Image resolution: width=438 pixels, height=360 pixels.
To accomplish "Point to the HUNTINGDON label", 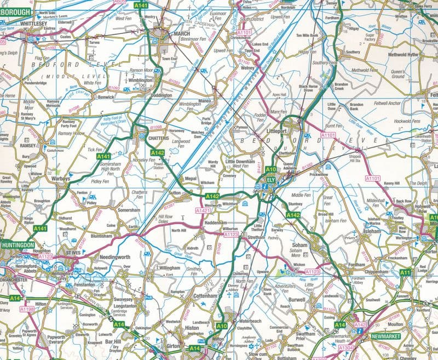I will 18,245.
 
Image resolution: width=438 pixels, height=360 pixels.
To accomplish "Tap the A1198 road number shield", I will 26,309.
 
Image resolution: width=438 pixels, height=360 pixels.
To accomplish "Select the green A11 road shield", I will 406,272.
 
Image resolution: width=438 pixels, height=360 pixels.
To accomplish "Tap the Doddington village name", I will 161,95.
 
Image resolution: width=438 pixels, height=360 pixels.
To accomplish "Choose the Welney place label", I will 249,68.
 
